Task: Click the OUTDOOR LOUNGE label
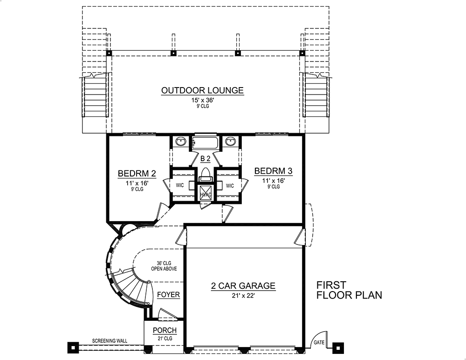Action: click(x=202, y=90)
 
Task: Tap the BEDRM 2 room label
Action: click(x=136, y=174)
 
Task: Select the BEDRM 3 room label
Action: click(x=274, y=171)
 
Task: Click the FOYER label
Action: click(x=168, y=295)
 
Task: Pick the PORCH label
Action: click(x=165, y=331)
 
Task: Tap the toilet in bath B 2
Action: click(x=205, y=174)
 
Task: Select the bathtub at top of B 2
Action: click(x=205, y=141)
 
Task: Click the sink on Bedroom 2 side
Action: click(x=180, y=141)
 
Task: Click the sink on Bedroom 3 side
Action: click(x=230, y=141)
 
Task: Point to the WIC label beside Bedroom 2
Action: click(x=180, y=185)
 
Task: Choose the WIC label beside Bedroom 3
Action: click(x=230, y=185)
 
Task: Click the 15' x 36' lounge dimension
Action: click(x=202, y=100)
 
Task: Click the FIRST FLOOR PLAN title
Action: click(x=349, y=290)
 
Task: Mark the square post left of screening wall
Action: click(x=72, y=346)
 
